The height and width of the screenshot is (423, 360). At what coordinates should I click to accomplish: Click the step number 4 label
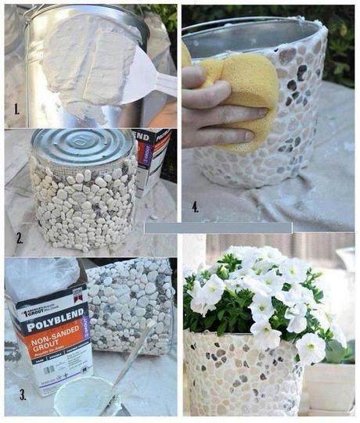pos(195,206)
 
